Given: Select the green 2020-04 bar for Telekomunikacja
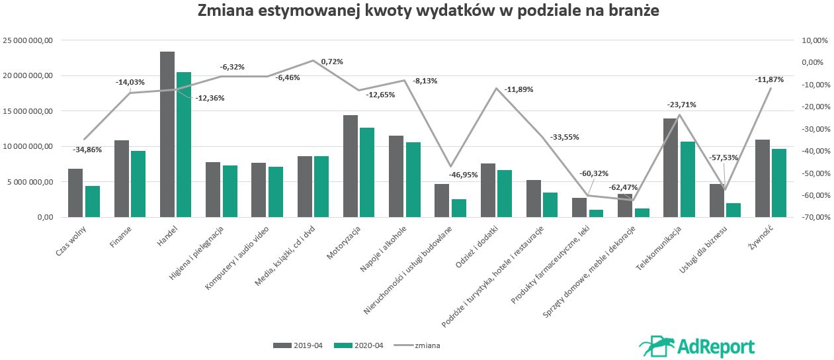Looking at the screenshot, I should tap(687, 179).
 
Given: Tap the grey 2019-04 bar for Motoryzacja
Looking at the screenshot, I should tap(351, 166).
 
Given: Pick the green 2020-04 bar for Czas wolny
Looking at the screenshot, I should tap(93, 201).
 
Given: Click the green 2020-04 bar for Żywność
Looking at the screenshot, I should tap(779, 183).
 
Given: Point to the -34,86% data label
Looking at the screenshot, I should tap(87, 150).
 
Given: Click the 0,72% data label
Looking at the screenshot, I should tap(332, 62).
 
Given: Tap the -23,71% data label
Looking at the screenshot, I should tap(682, 105).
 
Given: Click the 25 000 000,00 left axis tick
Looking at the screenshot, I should tap(27, 40).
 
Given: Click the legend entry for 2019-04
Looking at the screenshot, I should tap(298, 345).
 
